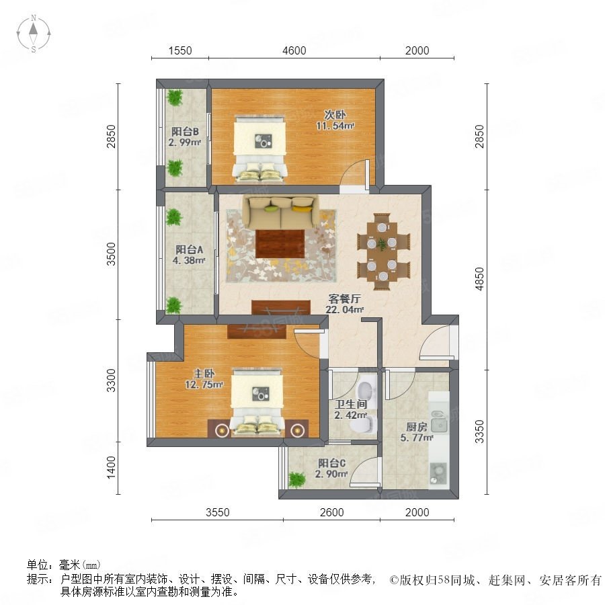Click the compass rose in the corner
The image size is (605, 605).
tap(34, 33)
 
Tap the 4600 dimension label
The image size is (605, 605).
tap(294, 50)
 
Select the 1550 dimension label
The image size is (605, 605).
tap(179, 50)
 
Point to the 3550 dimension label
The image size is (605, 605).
tap(218, 512)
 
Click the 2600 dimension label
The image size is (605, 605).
tap(332, 512)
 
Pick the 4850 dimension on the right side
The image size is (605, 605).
tap(479, 280)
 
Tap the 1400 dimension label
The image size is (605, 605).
tap(111, 467)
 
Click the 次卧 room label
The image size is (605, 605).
tap(335, 114)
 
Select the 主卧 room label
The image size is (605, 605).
tap(204, 374)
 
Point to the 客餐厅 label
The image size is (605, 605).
tap(345, 298)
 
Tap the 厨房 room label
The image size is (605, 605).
tap(417, 427)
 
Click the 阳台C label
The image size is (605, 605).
tap(332, 463)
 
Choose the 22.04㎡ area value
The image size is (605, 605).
tap(345, 309)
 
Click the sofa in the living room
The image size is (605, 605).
tap(281, 212)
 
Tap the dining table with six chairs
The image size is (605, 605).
tap(382, 251)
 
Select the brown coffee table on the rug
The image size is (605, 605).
tap(280, 244)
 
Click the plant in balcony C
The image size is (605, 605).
tap(296, 479)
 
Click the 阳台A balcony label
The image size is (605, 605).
tap(189, 249)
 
